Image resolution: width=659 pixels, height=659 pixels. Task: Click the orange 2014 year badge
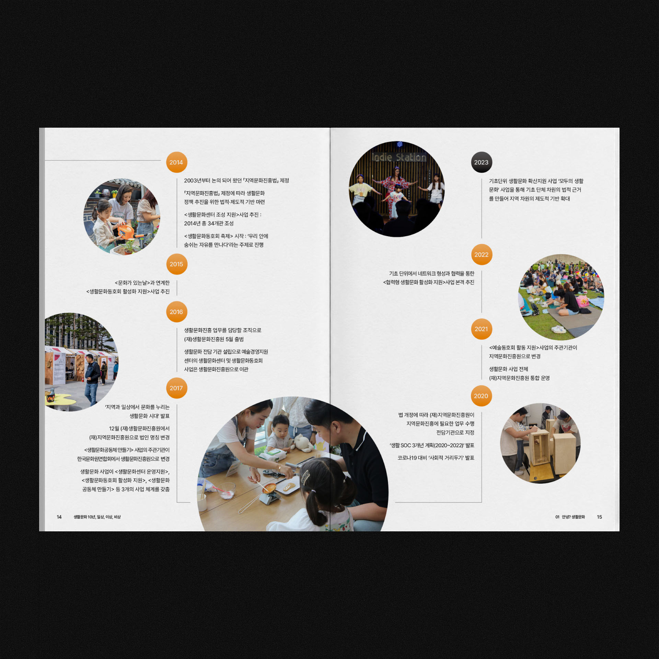click(x=176, y=162)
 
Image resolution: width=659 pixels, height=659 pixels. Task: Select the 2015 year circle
click(x=176, y=264)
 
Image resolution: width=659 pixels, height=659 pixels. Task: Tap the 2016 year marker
click(x=176, y=312)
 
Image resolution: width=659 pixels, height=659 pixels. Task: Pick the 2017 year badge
click(x=176, y=388)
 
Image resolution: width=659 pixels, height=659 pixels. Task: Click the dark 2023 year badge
click(x=481, y=162)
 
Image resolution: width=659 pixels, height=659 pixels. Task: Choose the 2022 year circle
click(x=481, y=254)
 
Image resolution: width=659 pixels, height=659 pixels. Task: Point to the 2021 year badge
click(x=481, y=329)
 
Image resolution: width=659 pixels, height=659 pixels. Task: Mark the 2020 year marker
click(x=481, y=396)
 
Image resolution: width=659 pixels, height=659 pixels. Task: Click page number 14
click(x=59, y=517)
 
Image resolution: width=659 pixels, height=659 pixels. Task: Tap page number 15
click(x=599, y=517)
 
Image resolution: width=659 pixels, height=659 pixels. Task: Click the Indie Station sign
click(x=399, y=157)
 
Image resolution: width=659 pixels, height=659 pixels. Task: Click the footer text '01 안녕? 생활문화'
click(x=570, y=517)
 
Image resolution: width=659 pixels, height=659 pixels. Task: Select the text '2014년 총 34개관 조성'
click(x=209, y=223)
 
